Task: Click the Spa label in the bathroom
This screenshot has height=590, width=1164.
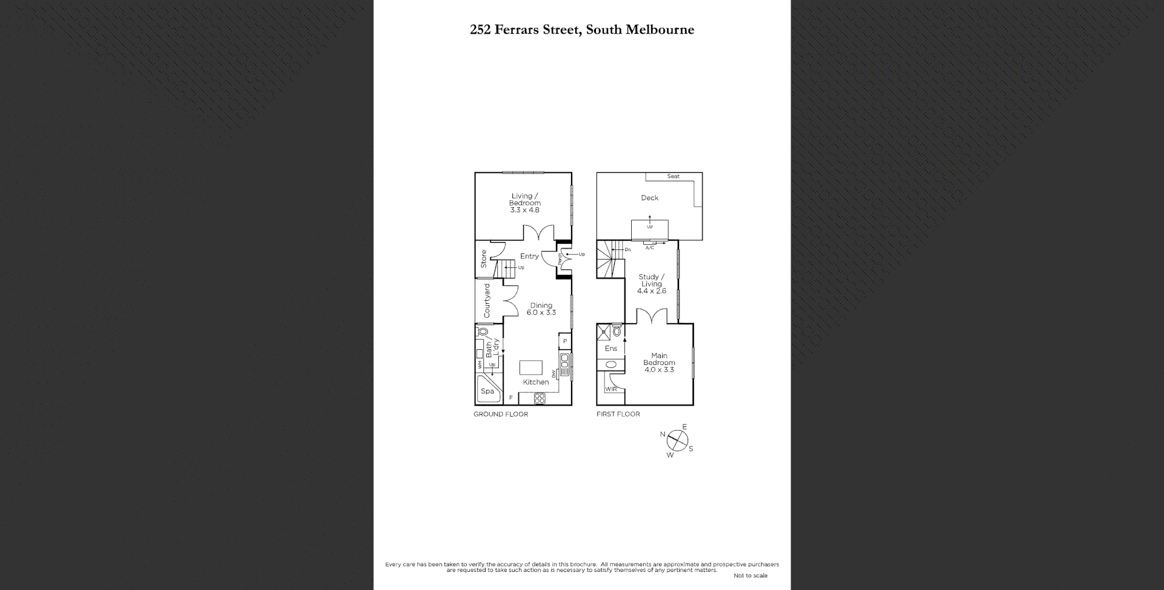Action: point(487,391)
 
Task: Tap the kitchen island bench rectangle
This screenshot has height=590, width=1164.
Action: point(530,367)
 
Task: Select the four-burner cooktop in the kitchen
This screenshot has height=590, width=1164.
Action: point(540,398)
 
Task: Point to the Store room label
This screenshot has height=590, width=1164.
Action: point(484,259)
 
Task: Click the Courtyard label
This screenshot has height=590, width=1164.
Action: point(487,301)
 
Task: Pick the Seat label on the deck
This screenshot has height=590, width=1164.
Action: point(673,176)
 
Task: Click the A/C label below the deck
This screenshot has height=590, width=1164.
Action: point(649,248)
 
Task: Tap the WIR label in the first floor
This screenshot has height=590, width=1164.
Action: point(611,389)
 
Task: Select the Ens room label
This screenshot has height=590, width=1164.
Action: point(610,349)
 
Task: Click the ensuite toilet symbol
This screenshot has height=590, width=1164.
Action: point(617,332)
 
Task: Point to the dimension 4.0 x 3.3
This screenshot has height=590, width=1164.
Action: point(659,370)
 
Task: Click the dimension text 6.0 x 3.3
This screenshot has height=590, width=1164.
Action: point(541,313)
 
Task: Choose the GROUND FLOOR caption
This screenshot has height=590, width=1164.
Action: point(501,414)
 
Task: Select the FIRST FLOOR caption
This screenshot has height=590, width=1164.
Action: point(618,414)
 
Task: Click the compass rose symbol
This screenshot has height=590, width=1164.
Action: point(677,441)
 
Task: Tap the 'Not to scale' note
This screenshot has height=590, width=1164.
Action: point(750,575)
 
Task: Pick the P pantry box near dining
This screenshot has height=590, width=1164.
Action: point(565,341)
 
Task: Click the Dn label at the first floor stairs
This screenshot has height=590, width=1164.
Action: point(627,250)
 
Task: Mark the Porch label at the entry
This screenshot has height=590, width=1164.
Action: point(560,259)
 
